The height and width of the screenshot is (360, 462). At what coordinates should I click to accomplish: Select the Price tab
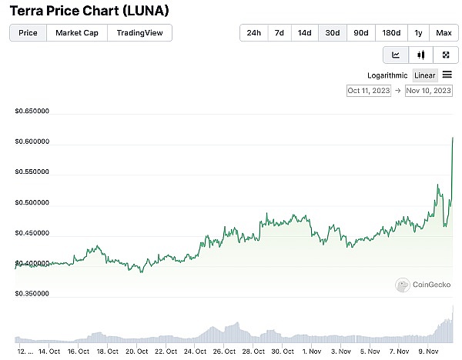[x=28, y=33]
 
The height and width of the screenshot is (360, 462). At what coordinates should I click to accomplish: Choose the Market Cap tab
[x=76, y=33]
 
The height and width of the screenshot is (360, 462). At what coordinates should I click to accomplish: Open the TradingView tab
[x=139, y=33]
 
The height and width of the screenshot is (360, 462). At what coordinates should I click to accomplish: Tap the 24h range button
[x=253, y=33]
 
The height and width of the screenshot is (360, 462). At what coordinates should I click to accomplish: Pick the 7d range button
[x=280, y=33]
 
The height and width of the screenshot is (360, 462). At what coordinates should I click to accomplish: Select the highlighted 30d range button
[x=333, y=33]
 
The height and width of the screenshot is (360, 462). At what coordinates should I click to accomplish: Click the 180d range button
[x=391, y=33]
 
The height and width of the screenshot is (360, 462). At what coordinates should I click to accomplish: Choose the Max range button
[x=444, y=33]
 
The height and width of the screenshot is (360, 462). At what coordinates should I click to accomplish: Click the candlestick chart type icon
[x=420, y=55]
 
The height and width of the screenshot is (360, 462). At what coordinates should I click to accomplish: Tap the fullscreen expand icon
[x=446, y=55]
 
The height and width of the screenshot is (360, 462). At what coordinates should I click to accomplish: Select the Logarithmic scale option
[x=388, y=75]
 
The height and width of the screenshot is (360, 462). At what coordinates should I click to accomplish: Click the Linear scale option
[x=425, y=75]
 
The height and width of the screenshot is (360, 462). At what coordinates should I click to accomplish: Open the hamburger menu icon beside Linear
[x=447, y=75]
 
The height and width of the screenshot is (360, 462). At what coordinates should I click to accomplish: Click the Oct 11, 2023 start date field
[x=370, y=91]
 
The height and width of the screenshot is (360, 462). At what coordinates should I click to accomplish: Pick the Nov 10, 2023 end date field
[x=428, y=91]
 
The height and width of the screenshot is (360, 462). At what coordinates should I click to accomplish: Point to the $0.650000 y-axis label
[x=32, y=112]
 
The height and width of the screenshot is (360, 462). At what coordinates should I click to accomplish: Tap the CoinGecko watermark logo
[x=422, y=285]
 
